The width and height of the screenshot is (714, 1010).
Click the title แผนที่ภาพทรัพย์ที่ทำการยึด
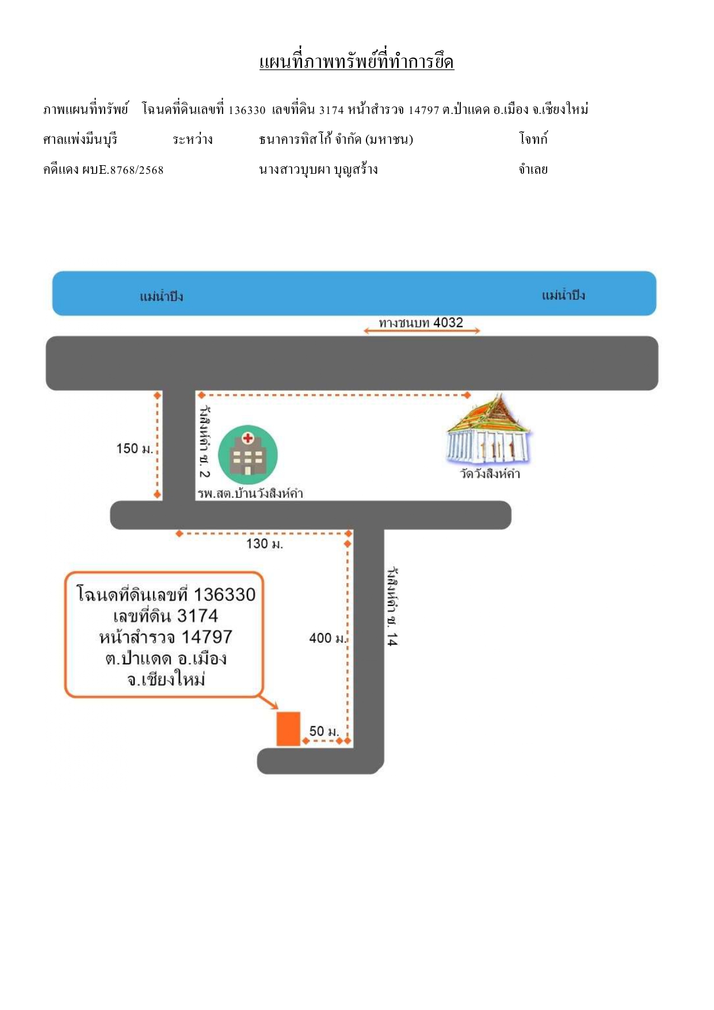[x=357, y=61]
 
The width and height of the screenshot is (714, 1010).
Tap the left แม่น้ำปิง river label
[x=161, y=296]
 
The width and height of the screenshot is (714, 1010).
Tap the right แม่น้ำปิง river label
[x=563, y=295]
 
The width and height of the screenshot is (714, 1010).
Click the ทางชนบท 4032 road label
[x=421, y=322]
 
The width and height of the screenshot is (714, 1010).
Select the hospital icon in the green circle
[x=248, y=455]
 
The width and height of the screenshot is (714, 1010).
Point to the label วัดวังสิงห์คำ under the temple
[x=490, y=474]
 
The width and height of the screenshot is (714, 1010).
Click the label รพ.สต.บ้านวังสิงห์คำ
[x=250, y=493]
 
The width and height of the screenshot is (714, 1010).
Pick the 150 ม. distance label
[x=135, y=448]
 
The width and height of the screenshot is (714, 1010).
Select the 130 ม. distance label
[x=265, y=544]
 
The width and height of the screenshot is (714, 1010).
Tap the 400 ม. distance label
[x=328, y=638]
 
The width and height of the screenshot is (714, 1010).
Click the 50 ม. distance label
[x=324, y=731]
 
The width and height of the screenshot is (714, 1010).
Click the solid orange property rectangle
[x=288, y=729]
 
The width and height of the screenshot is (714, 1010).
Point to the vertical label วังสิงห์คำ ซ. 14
[x=392, y=607]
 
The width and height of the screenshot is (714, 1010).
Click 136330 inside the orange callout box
[x=224, y=594]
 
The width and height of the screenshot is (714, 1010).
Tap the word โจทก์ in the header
[x=533, y=139]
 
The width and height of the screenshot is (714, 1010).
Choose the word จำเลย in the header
[x=533, y=169]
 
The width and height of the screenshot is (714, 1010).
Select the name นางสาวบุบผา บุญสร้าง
[x=318, y=169]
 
